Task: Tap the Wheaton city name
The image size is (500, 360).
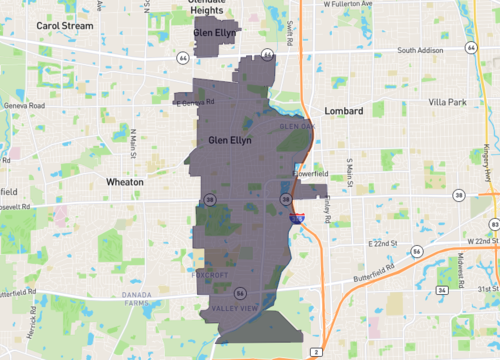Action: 125,183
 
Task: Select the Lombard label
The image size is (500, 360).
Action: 343,110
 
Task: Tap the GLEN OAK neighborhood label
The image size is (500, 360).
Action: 297,127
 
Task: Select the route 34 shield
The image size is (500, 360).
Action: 442,290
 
